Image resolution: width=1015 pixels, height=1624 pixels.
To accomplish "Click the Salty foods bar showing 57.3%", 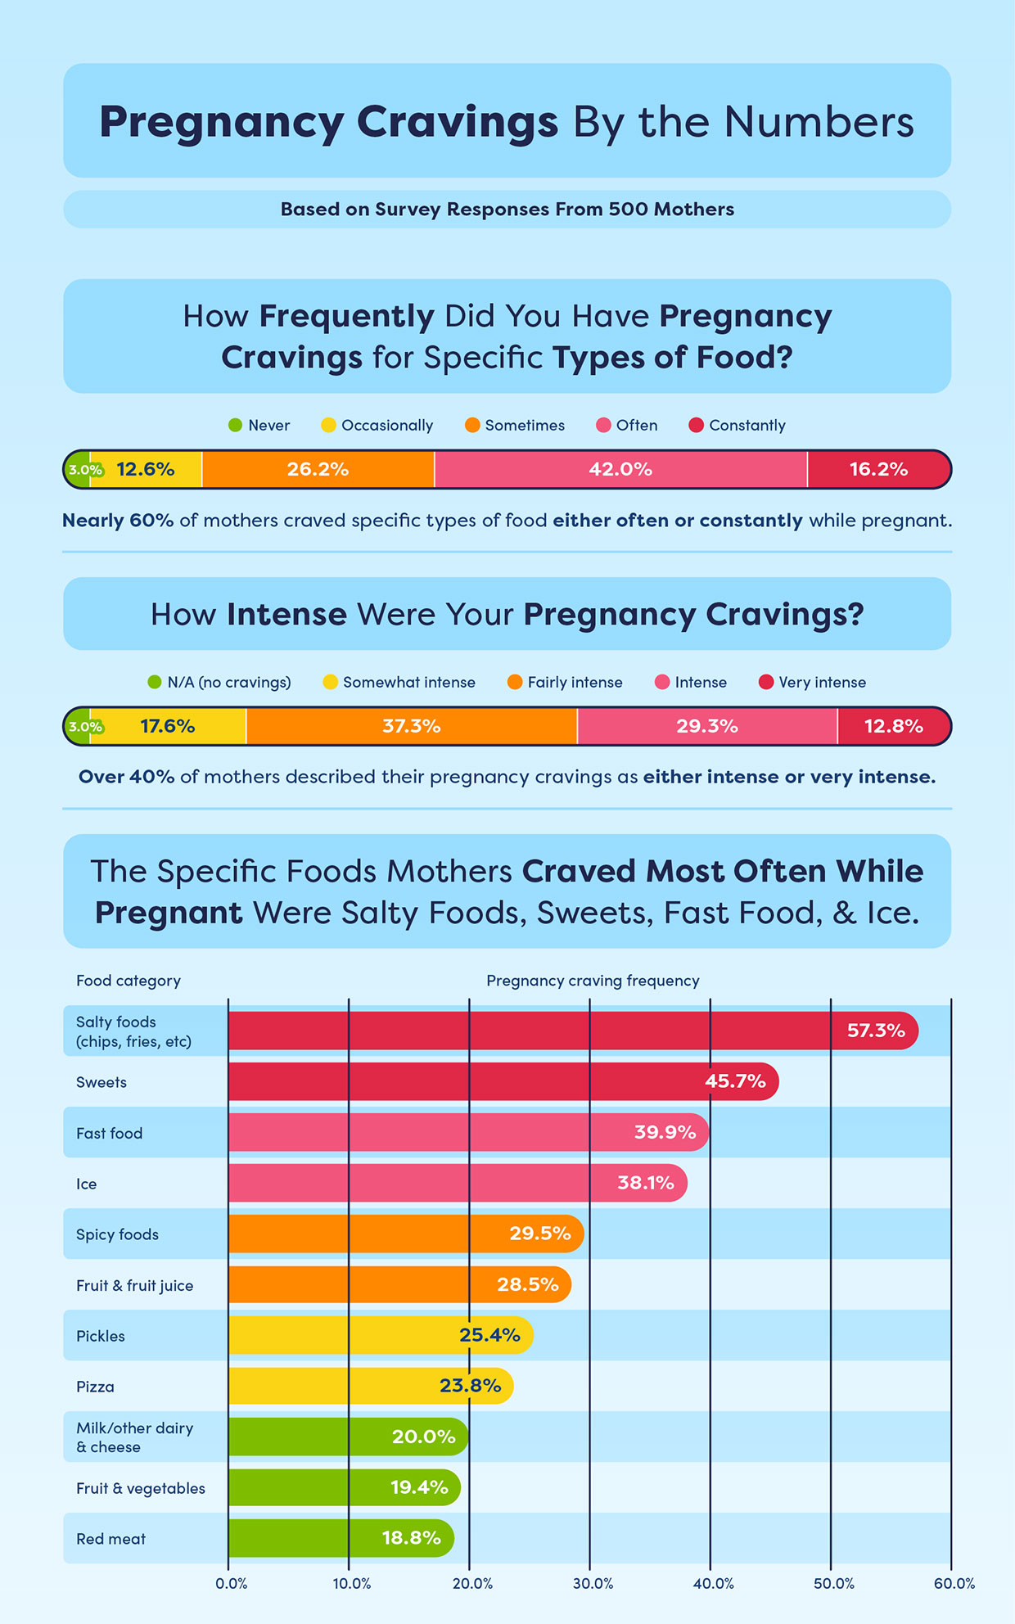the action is tap(573, 1031).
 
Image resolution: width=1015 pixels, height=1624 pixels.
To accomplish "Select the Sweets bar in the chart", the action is tap(503, 1081).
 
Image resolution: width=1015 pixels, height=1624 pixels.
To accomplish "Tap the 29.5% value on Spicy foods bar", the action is tap(539, 1234).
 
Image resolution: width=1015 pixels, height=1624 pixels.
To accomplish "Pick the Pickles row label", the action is tap(101, 1336).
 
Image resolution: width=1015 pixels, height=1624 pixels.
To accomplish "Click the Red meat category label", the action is tap(111, 1539).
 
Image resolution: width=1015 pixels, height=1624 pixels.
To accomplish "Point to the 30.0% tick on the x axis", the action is tap(593, 1583).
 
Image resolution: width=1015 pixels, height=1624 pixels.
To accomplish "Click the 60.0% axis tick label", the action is tap(954, 1583).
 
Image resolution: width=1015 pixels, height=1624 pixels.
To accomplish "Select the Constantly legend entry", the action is tap(738, 425).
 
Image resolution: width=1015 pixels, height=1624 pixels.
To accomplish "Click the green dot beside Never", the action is tap(235, 425).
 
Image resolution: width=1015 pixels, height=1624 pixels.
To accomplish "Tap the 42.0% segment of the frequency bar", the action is tap(620, 469).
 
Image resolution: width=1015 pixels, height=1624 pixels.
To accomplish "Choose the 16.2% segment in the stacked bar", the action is tap(878, 469).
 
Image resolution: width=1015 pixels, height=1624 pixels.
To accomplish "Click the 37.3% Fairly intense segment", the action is tap(411, 726).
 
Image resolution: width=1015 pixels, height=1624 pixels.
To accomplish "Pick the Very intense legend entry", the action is tap(812, 682).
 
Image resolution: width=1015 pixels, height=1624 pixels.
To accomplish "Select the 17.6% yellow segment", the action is tap(167, 726).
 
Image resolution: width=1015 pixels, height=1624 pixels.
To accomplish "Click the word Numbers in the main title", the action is tap(819, 122).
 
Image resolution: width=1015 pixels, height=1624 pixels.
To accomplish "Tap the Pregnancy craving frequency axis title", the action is tap(593, 981).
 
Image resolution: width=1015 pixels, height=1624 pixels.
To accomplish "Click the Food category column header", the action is tap(129, 981).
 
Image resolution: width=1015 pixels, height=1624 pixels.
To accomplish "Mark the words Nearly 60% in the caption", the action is tap(118, 521).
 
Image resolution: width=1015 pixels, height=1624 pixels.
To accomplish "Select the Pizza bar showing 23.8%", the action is tap(370, 1386).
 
